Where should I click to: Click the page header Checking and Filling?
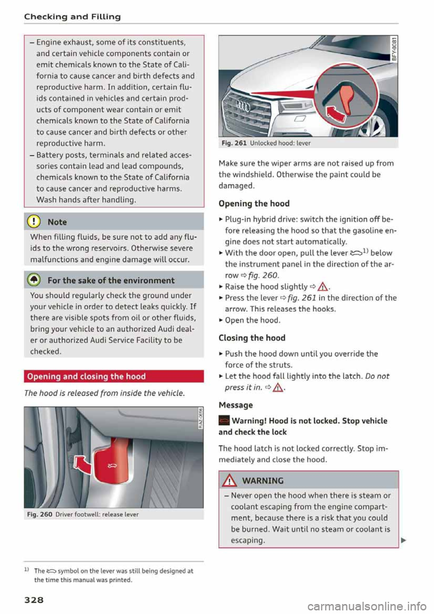(x=72, y=17)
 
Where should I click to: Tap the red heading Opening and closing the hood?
(x=86, y=376)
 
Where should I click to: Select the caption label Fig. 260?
(x=40, y=515)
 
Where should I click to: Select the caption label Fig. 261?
(x=234, y=143)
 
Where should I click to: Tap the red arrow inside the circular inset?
(x=334, y=115)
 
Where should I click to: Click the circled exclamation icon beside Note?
(x=36, y=222)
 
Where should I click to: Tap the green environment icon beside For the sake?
(x=36, y=280)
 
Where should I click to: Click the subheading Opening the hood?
(x=254, y=203)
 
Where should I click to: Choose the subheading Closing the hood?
(x=252, y=338)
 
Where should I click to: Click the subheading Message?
(x=236, y=405)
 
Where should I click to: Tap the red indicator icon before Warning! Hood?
(x=224, y=421)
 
